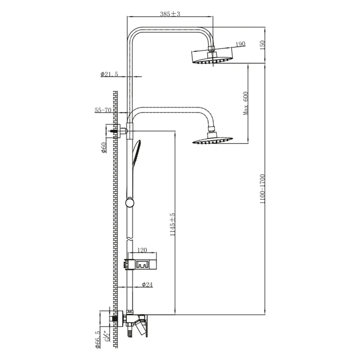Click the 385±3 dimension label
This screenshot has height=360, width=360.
170,14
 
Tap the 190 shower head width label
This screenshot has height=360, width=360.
240,44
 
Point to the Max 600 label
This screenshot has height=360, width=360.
246,103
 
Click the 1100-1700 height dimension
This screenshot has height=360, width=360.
262,189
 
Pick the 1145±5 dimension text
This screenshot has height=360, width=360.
172,224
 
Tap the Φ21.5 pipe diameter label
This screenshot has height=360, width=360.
109,74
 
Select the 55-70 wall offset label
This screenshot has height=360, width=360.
103,110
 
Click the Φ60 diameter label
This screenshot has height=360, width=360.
104,148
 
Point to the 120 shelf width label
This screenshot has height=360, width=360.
142,250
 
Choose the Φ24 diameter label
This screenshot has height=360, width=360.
147,284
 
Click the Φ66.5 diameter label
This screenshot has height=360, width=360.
98,340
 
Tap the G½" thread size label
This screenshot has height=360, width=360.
107,336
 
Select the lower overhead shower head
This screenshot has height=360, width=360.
212,139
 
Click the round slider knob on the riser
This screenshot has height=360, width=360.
130,203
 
